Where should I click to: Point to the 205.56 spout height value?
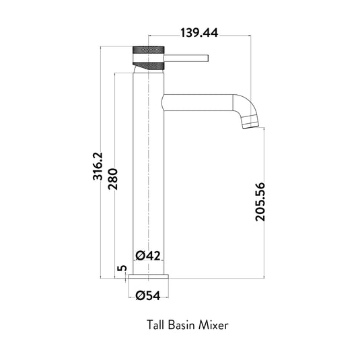pos(262,203)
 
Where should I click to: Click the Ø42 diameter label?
pos(147,255)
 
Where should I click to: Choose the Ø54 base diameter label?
pos(148,295)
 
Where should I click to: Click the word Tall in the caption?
pos(155,324)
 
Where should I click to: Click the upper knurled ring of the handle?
pos(147,51)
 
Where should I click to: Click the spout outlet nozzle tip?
pos(250,122)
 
